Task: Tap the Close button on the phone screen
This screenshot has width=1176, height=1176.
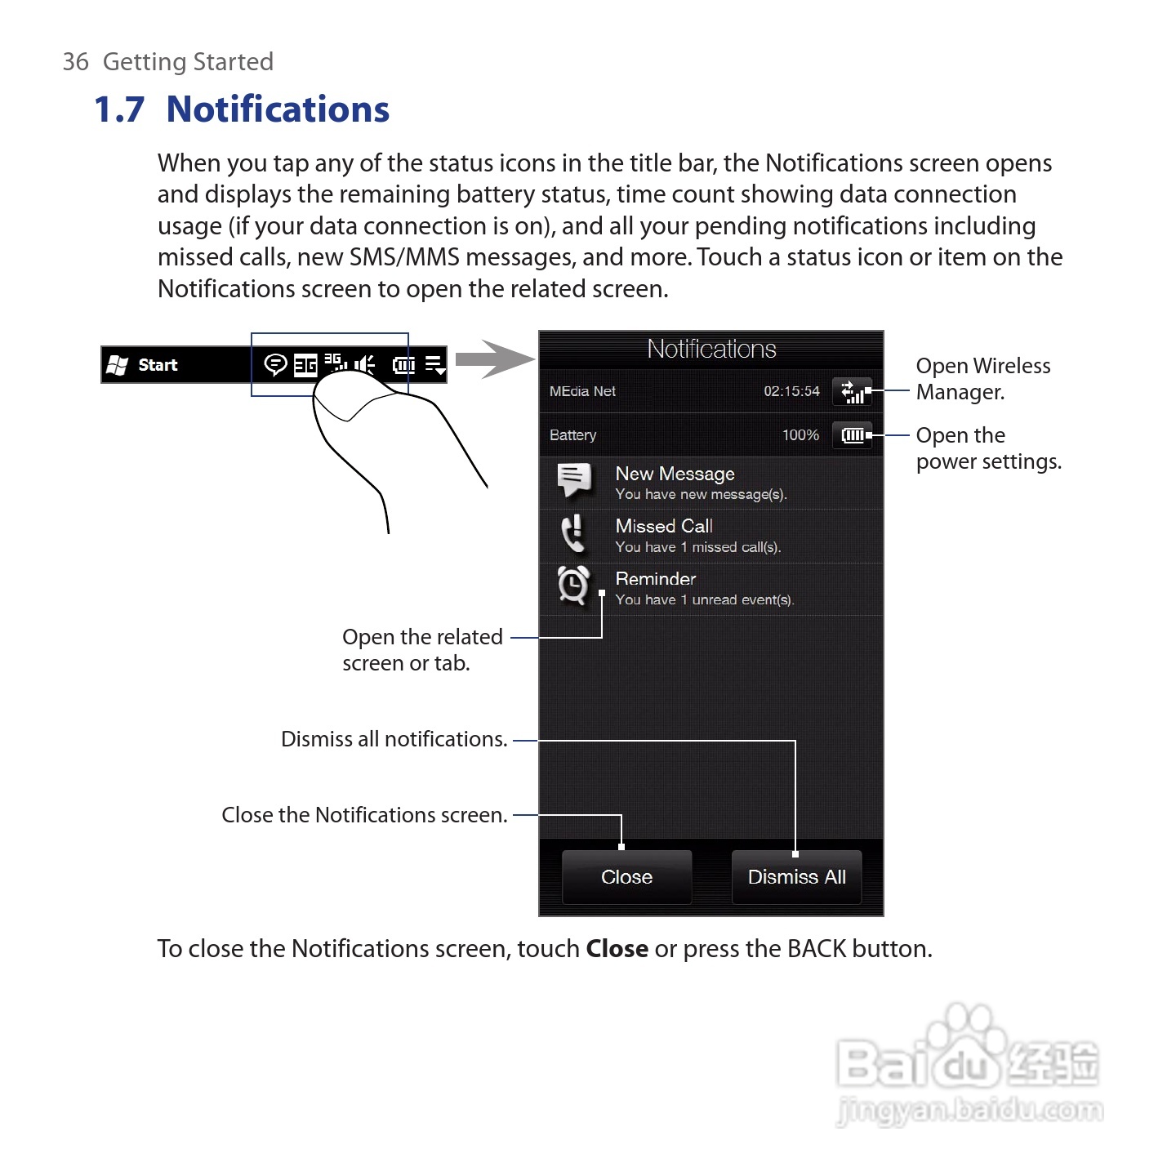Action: pos(626,877)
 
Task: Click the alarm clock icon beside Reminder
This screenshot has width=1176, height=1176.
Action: pos(572,586)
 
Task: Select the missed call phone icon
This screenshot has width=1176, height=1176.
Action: pos(573,534)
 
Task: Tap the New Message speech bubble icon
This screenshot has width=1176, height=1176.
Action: pos(574,479)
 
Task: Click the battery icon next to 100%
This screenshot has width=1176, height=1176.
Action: pos(852,435)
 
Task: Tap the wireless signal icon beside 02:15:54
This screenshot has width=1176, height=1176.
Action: pos(852,392)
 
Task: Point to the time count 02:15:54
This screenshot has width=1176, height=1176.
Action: pos(791,391)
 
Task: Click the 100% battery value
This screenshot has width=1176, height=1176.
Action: pos(800,435)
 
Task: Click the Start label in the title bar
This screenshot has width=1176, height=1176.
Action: pos(158,365)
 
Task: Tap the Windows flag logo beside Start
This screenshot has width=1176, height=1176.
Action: pos(118,365)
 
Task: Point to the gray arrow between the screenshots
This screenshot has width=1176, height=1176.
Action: pos(492,359)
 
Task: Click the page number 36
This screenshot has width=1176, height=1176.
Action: pos(75,62)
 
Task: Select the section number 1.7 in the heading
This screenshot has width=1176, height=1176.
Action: pos(119,109)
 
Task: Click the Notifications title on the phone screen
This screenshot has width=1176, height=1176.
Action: pos(711,350)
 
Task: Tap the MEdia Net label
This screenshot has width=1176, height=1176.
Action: pos(582,391)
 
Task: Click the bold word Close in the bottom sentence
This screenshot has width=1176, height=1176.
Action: pos(617,949)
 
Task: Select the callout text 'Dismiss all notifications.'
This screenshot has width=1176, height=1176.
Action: pos(394,739)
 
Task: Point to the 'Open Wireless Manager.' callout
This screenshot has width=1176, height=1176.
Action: pos(982,379)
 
